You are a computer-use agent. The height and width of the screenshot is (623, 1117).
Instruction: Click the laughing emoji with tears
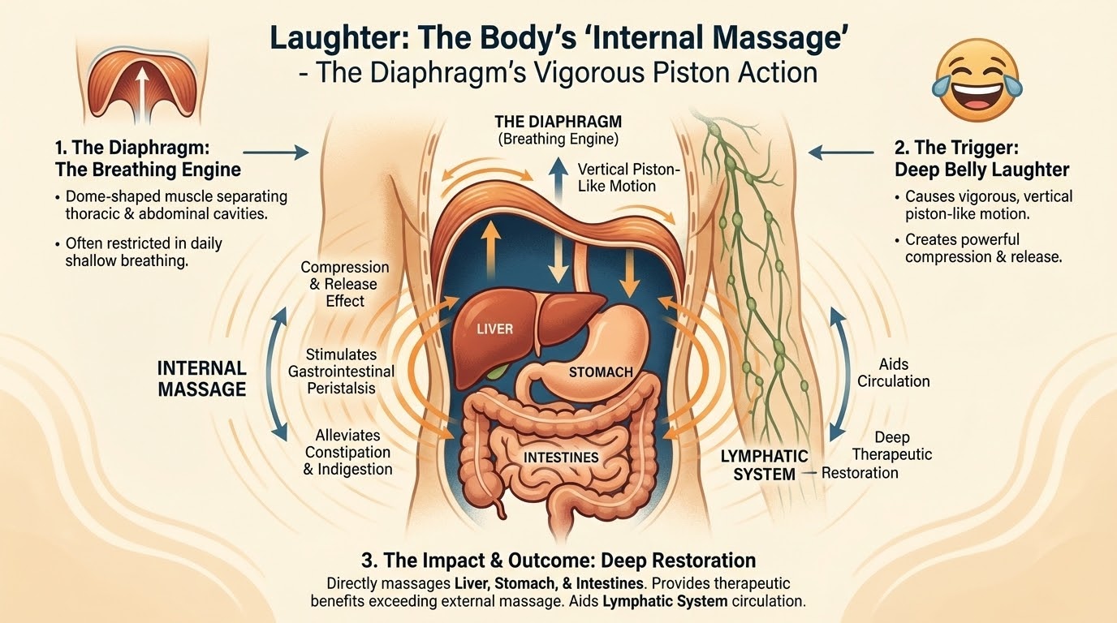(977, 79)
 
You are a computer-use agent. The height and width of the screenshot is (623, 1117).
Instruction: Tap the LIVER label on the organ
(494, 329)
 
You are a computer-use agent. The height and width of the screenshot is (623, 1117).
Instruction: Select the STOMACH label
(601, 372)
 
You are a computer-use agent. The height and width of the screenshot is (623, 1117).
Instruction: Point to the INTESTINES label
(561, 458)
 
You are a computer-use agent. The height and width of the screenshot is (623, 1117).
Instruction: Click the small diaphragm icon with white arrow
(141, 85)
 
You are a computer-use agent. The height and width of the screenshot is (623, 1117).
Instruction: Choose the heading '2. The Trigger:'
(956, 148)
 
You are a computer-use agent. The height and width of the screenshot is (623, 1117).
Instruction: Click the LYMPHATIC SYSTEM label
(764, 465)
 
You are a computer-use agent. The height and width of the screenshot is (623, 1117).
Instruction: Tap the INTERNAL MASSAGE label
(202, 379)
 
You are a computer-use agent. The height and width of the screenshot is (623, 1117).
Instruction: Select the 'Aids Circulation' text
(893, 373)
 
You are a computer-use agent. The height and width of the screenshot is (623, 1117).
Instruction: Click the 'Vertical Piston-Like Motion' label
(628, 178)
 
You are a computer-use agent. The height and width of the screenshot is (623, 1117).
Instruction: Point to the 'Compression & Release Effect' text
(344, 284)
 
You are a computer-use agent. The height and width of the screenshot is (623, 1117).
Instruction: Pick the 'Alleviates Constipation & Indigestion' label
(347, 452)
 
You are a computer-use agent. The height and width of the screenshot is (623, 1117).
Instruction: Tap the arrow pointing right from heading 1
(276, 153)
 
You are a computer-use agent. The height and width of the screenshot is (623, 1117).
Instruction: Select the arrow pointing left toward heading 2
(841, 152)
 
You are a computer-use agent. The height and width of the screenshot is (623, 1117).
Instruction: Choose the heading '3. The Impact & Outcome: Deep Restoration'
(558, 561)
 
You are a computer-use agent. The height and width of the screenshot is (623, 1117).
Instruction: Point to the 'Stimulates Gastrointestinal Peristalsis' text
(341, 372)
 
